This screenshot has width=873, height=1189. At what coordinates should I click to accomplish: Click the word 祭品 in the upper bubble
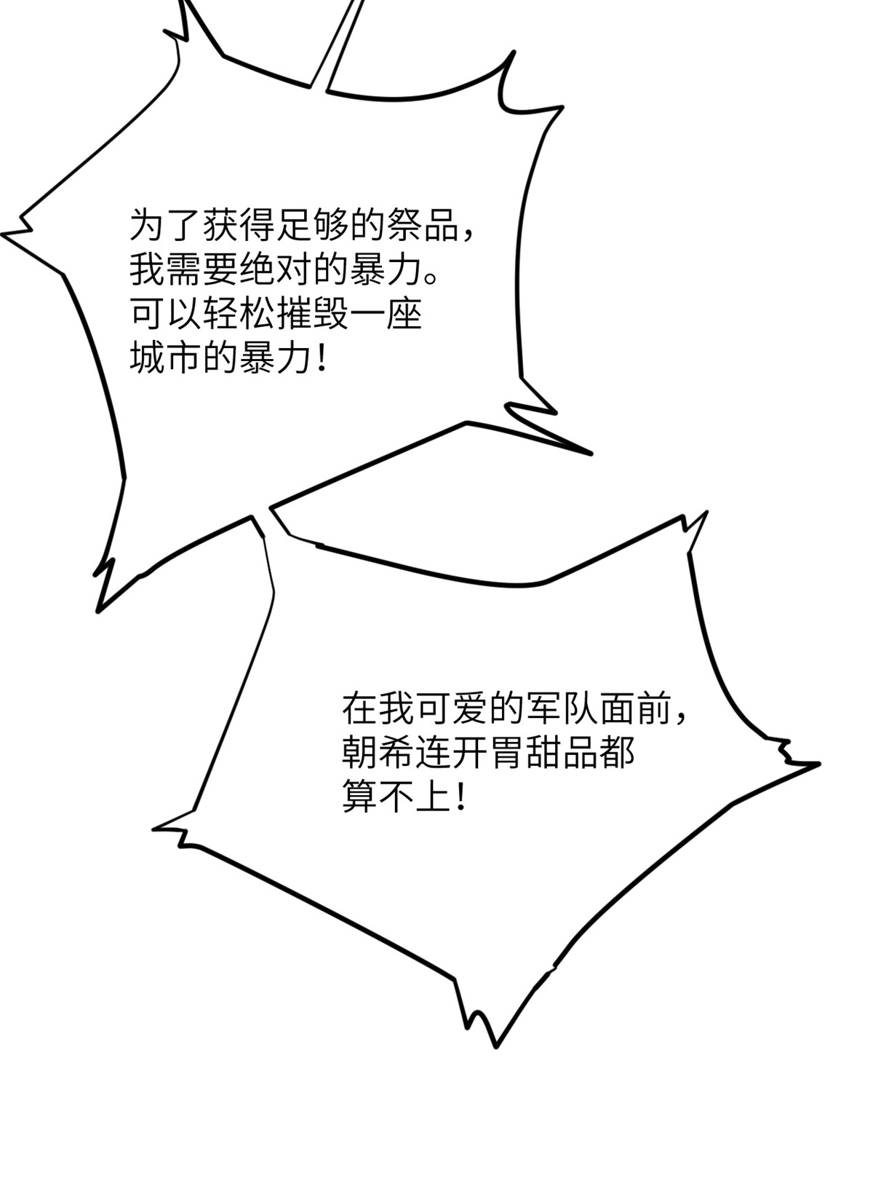[x=423, y=225]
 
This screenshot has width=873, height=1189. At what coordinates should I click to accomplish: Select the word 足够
[x=313, y=225]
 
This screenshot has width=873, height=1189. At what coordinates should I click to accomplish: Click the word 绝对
[x=276, y=270]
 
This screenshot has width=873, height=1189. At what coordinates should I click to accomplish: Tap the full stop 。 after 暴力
[x=431, y=278]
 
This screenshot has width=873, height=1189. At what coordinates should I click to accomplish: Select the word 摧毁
[x=313, y=315]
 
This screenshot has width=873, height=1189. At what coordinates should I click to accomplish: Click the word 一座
[x=386, y=315]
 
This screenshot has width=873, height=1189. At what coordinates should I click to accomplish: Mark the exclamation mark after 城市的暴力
[x=322, y=360]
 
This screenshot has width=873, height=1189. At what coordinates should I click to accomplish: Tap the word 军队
[x=562, y=709]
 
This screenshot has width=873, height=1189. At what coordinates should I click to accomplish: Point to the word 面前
[x=635, y=709]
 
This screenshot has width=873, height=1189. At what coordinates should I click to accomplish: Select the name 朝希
[x=378, y=753]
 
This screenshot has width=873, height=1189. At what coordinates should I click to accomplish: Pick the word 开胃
[x=488, y=753]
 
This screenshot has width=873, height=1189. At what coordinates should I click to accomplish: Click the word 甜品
[x=562, y=753]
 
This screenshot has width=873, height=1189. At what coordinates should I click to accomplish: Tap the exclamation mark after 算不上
[x=461, y=797]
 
